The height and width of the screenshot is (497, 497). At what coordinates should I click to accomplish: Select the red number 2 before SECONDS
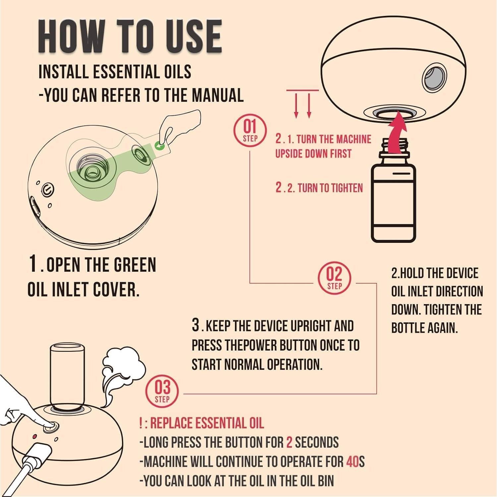[x=289, y=443]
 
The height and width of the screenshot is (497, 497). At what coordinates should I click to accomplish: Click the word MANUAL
[x=217, y=95]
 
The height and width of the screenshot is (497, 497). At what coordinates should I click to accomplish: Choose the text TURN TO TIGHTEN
[x=330, y=188]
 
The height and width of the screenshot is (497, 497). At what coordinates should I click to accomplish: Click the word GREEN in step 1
[x=135, y=265]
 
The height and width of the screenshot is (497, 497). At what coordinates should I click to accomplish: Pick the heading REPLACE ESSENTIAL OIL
[x=207, y=423]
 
